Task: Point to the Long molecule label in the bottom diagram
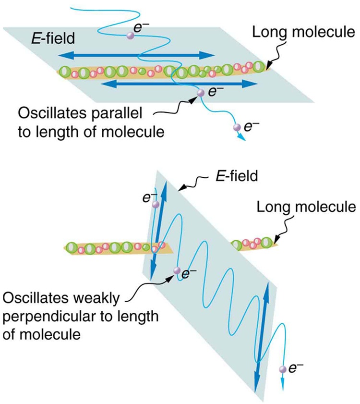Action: pos(305,208)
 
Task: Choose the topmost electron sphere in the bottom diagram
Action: pos(155,205)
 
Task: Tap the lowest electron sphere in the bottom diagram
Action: pos(282,369)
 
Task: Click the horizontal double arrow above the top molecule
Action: pos(137,54)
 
